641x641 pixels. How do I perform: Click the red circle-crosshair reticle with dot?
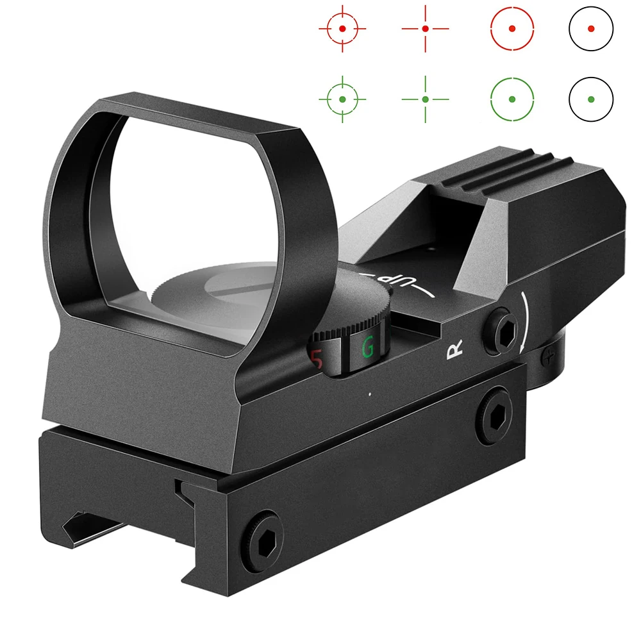(342, 29)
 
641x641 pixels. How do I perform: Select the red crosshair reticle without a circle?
(425, 29)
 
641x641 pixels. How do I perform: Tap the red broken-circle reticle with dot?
(512, 29)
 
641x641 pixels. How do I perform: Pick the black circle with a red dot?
(591, 29)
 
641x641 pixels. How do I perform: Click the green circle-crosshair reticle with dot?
(342, 99)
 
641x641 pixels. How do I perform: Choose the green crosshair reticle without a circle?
(425, 99)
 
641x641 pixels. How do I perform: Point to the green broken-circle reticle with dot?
(512, 99)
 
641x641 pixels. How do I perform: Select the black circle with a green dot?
(591, 99)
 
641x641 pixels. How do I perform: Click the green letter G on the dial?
(368, 347)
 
